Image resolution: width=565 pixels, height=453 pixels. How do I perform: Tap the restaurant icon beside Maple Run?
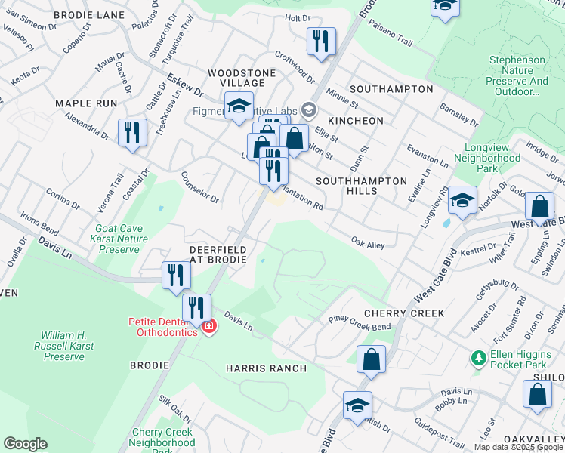coord(132,133)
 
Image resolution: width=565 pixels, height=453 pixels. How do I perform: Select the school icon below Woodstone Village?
coord(239,106)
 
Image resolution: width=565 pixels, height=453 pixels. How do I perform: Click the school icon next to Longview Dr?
coord(462,200)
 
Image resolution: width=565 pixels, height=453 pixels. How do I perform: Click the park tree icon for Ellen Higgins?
coord(477,358)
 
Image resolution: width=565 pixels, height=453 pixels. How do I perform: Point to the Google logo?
coord(25,444)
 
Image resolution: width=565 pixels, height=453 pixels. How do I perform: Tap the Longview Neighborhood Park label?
coord(487,164)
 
